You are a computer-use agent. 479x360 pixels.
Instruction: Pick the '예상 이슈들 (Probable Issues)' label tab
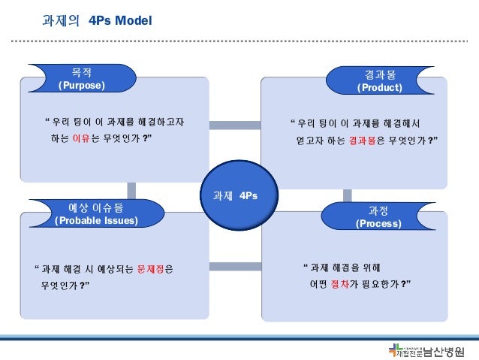(x=96, y=213)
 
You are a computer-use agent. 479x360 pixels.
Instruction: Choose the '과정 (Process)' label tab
(x=378, y=216)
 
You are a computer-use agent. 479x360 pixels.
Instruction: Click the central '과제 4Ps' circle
(x=236, y=195)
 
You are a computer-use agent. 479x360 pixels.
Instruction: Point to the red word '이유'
(x=81, y=139)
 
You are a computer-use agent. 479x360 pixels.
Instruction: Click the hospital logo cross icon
(x=395, y=350)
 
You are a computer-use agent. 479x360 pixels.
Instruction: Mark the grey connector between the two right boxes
(x=348, y=195)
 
